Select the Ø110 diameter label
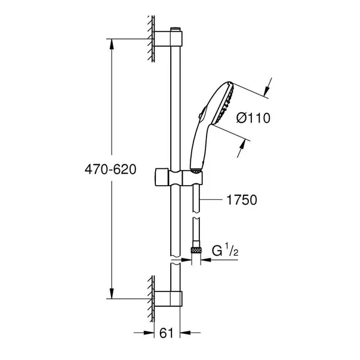[254, 118]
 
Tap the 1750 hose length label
[242, 201]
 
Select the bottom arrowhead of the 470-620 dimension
[110, 292]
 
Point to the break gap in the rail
[174, 261]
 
